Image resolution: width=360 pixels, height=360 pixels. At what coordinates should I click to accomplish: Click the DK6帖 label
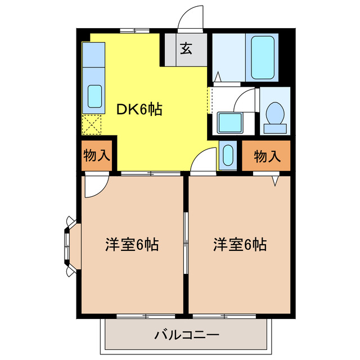click(139, 109)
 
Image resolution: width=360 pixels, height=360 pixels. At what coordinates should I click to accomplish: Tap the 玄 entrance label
click(186, 49)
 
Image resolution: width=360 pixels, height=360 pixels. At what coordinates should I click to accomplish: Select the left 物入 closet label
click(97, 156)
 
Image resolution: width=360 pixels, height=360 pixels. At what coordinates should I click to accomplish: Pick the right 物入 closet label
click(267, 156)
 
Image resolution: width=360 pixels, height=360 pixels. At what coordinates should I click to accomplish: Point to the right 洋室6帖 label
click(240, 245)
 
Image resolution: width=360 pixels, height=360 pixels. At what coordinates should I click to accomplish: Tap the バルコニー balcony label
click(186, 336)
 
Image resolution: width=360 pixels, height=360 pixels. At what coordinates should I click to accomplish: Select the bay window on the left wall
click(69, 246)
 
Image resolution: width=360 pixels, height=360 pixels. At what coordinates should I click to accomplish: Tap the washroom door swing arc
click(245, 100)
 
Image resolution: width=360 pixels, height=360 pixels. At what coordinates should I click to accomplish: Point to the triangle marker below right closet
click(276, 181)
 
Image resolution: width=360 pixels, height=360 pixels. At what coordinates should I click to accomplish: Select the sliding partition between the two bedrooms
click(186, 245)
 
